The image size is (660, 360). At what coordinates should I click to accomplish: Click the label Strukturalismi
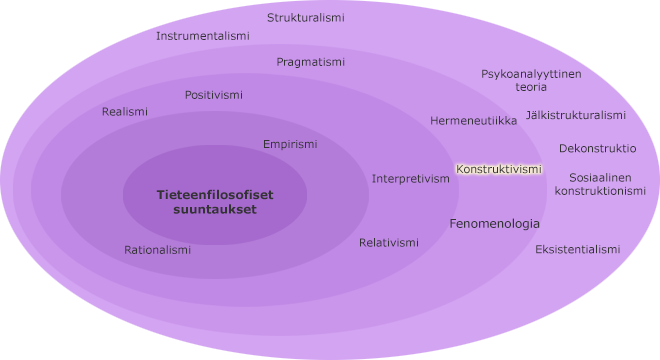(306, 18)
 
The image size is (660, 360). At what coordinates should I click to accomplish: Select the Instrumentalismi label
(203, 36)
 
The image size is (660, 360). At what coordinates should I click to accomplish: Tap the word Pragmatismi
(311, 62)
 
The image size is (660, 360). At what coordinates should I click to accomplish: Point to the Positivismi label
(214, 95)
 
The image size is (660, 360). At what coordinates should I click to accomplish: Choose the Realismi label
(125, 112)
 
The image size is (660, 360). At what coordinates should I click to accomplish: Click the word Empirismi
(290, 144)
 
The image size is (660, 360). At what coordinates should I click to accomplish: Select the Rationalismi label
(157, 250)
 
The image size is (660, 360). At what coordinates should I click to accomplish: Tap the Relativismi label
(389, 243)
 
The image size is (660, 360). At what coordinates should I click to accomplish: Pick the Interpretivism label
(411, 179)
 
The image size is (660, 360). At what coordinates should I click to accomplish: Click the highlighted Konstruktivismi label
(499, 169)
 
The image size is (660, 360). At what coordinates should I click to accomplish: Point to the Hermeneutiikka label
(474, 121)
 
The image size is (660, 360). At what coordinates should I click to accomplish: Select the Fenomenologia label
(495, 224)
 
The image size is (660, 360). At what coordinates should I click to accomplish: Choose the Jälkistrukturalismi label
(576, 115)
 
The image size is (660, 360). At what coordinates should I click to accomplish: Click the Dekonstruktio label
(598, 148)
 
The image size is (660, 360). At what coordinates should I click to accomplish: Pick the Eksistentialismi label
(578, 249)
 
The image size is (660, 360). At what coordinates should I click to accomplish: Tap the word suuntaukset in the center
(215, 210)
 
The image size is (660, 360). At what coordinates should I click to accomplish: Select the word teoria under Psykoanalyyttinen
(531, 87)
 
